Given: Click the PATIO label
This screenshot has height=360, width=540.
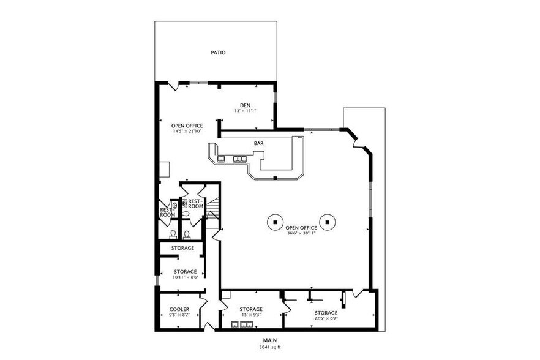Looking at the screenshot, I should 218,53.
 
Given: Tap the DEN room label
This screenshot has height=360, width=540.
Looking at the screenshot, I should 245,104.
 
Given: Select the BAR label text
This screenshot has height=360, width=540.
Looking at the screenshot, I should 259,144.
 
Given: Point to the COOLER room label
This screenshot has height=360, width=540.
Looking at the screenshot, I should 179,309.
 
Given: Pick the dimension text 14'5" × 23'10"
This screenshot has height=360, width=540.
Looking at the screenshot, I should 187,132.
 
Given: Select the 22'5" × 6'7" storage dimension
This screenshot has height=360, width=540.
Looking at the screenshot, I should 326,318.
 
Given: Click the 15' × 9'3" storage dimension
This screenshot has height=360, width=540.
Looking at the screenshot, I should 251,315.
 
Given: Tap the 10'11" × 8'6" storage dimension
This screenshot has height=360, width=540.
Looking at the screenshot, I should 185,277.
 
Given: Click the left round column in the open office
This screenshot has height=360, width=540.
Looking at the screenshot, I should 276,222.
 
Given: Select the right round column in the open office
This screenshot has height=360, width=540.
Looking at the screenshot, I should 329,222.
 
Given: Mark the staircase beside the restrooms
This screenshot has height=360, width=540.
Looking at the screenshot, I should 212,211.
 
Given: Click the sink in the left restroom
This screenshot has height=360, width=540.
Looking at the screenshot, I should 174,206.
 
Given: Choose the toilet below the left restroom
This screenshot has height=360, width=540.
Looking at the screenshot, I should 173,234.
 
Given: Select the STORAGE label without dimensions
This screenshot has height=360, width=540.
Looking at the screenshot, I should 182,248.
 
